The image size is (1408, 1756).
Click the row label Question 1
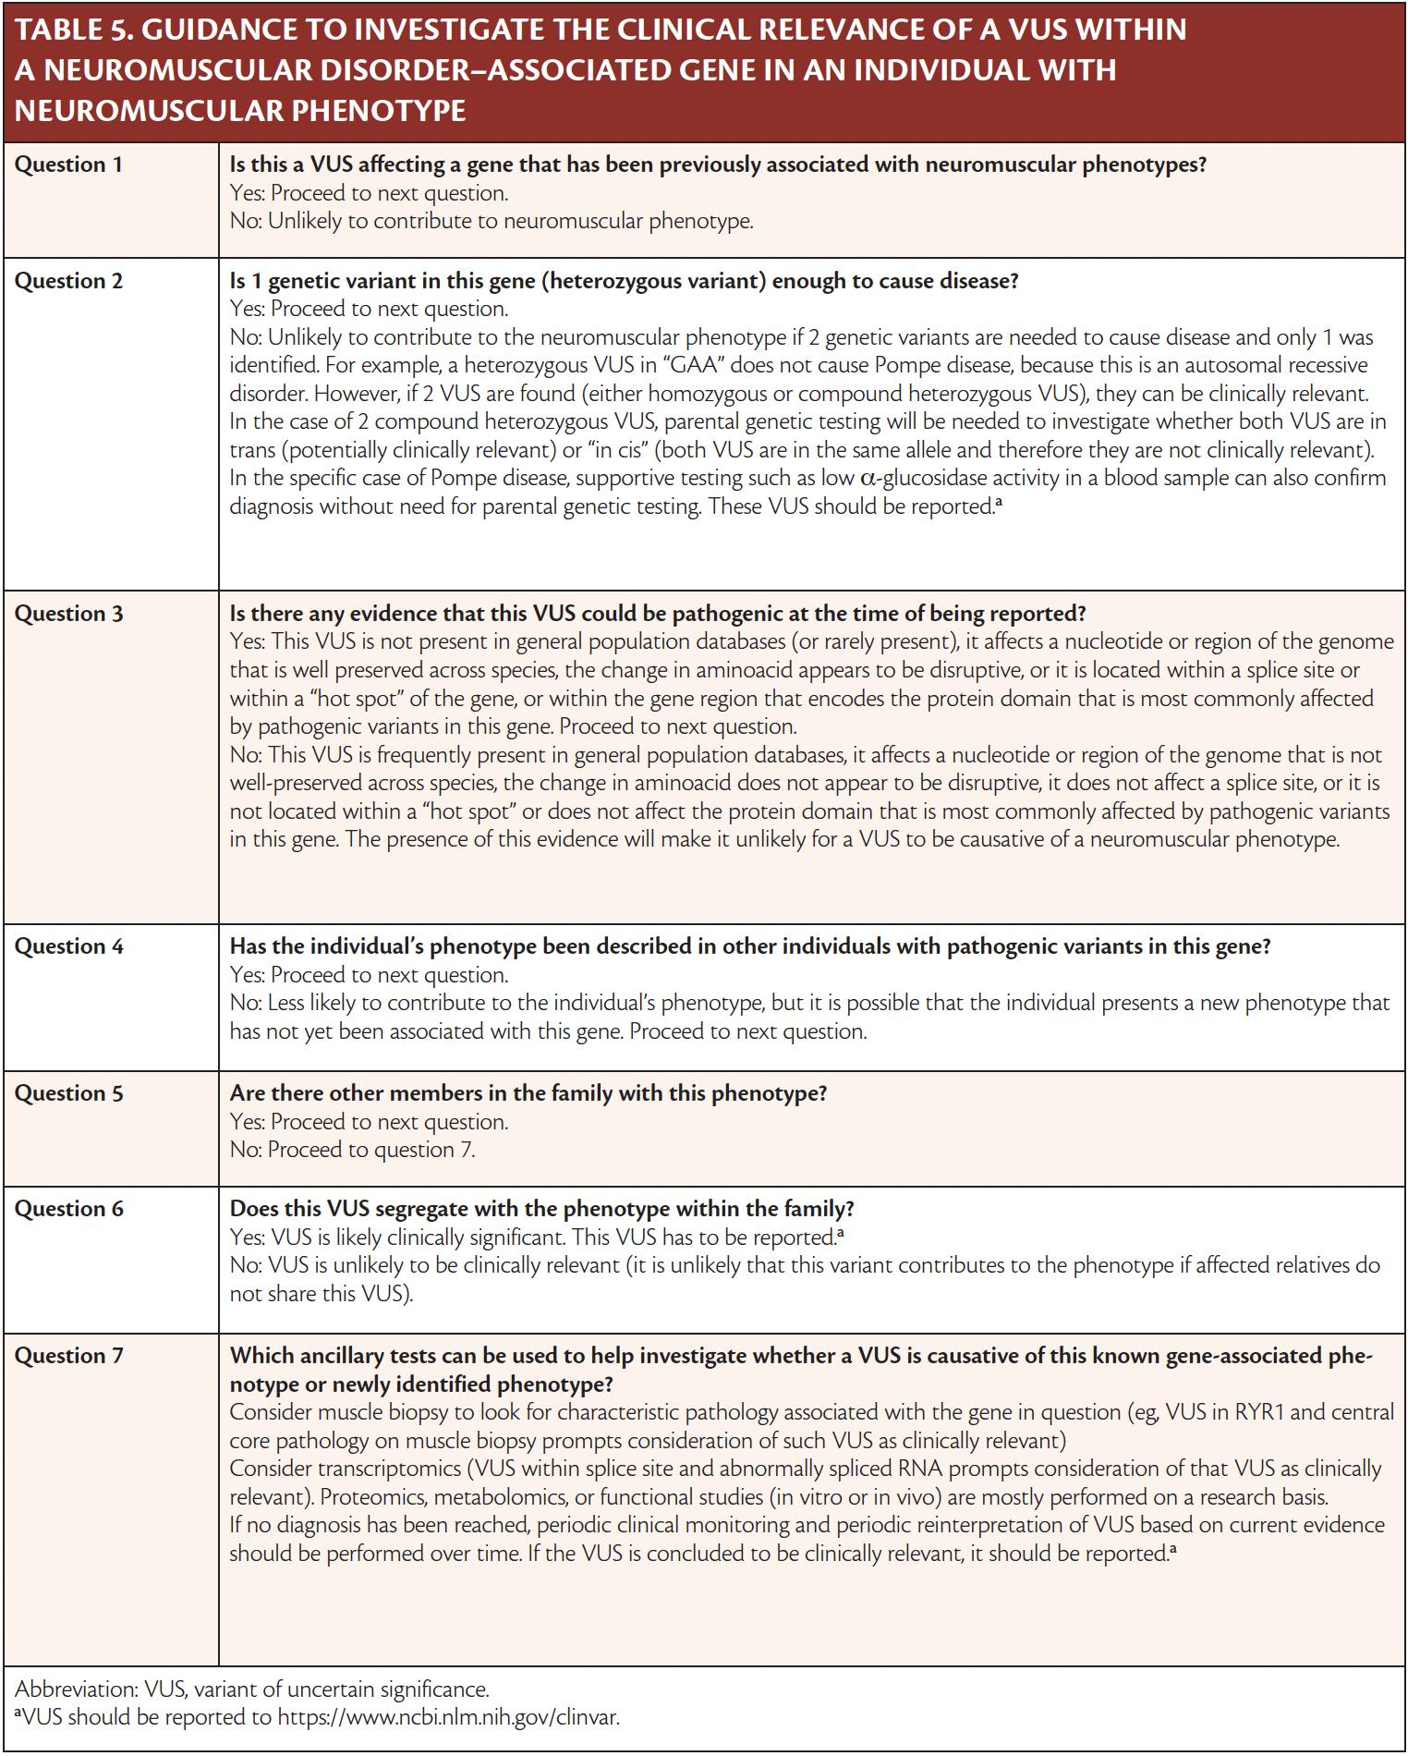(x=68, y=165)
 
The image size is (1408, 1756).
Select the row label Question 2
(x=68, y=281)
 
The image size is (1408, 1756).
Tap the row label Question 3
(x=68, y=614)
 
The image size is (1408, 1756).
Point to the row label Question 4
(x=68, y=946)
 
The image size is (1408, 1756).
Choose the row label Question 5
(x=68, y=1093)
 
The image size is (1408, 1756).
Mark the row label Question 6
(x=68, y=1209)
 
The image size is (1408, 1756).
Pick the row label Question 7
(x=68, y=1356)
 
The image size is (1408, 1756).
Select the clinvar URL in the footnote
(x=449, y=1717)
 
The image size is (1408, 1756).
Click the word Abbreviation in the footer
(x=76, y=1689)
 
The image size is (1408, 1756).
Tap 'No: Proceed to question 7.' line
(x=352, y=1150)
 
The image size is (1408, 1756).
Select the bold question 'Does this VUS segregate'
(x=541, y=1209)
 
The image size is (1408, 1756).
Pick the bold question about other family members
(x=528, y=1093)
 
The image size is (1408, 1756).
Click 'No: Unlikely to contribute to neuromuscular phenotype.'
(x=492, y=221)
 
